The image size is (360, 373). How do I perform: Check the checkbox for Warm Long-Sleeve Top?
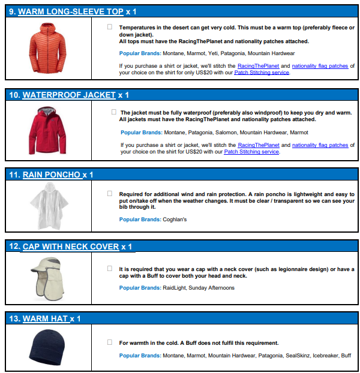tap(110, 27)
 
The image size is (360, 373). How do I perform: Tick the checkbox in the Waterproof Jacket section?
tap(114, 112)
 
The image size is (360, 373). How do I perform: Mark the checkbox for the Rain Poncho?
tap(110, 193)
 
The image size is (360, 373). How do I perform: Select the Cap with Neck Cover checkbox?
tap(110, 268)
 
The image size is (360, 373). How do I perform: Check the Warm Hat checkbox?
tap(110, 342)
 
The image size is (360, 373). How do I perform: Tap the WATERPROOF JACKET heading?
tap(68, 95)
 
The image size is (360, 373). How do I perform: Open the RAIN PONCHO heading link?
tap(51, 175)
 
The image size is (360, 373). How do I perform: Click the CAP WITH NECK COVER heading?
tap(71, 246)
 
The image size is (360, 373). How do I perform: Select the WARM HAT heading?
tap(44, 318)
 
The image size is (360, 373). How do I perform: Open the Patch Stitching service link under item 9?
tap(262, 73)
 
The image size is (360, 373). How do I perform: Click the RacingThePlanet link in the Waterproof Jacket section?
tap(259, 145)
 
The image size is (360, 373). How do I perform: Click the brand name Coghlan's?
tap(175, 219)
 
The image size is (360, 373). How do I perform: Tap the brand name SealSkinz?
tap(299, 356)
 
